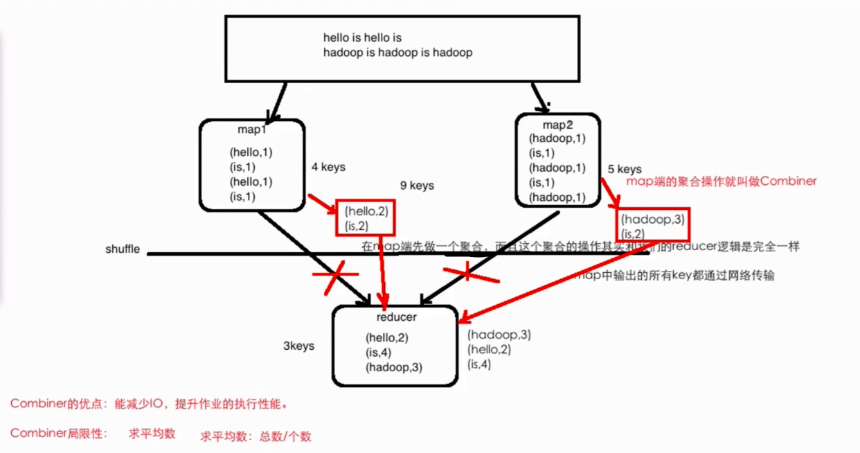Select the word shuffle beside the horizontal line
coord(123,249)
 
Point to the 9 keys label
coord(417,185)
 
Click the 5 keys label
coord(625,169)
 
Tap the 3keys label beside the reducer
coord(298,346)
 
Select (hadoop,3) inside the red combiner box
coord(653,219)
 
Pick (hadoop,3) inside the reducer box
coord(394,367)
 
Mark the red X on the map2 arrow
coord(469,273)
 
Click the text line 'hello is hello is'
coord(362,37)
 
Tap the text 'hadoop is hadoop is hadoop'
coord(397,53)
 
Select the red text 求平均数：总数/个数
coord(256,436)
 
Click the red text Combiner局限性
coord(59,434)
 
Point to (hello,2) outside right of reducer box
coord(489,350)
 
